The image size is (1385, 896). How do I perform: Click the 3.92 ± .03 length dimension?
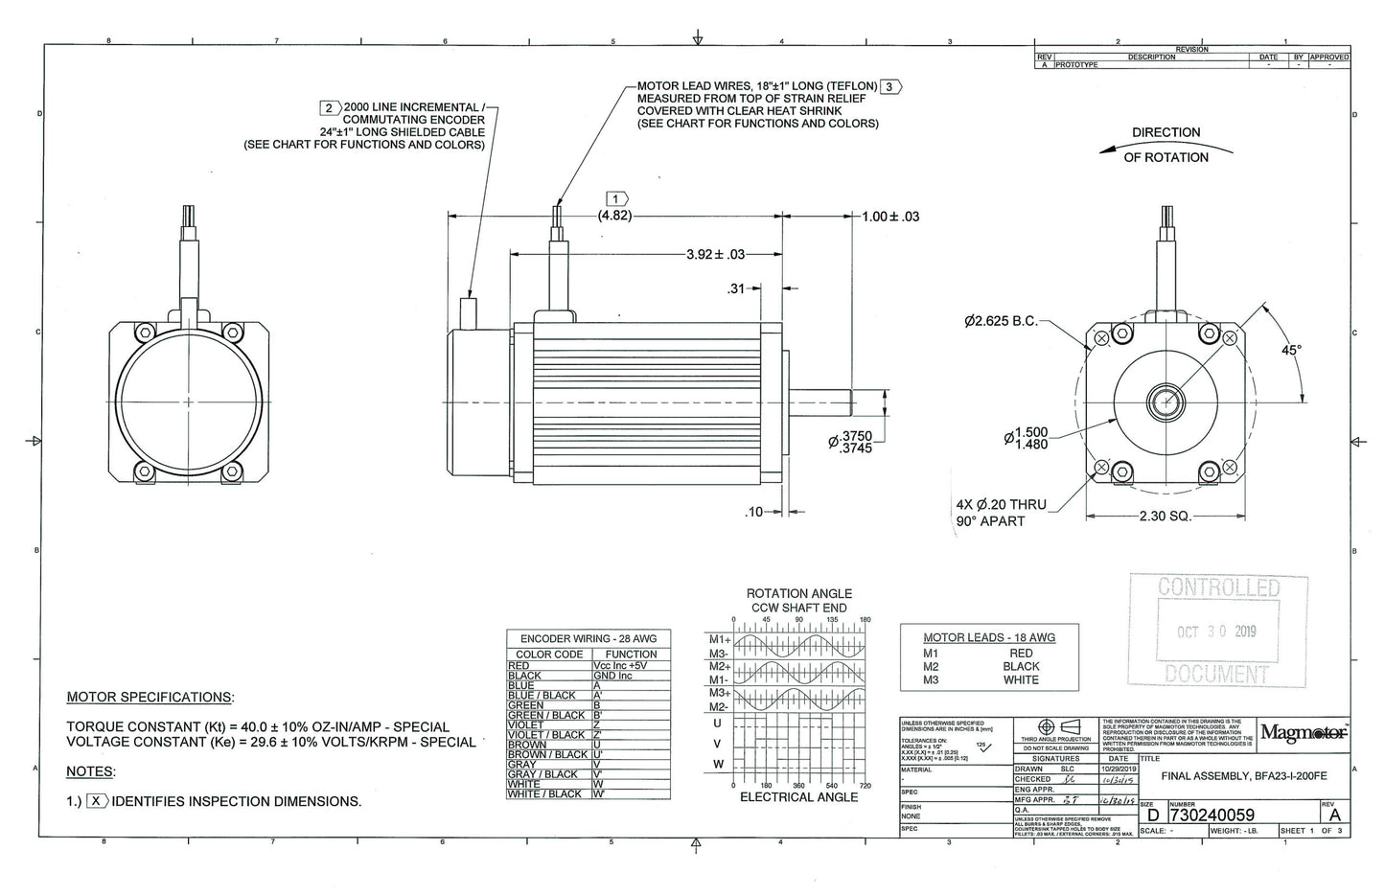tap(715, 254)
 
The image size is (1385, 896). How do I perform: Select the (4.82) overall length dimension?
tap(614, 216)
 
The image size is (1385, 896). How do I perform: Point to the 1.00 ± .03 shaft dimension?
tap(889, 217)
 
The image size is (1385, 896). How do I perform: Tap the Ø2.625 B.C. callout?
tap(1001, 321)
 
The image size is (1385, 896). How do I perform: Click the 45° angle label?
tap(1291, 351)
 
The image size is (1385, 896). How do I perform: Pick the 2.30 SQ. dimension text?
tap(1165, 516)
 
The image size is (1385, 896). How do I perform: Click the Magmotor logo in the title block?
tap(1304, 734)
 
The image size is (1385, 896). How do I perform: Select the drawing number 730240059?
tap(1212, 815)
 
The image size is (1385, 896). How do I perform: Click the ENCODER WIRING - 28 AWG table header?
tap(588, 638)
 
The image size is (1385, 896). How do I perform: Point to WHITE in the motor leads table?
tap(1021, 679)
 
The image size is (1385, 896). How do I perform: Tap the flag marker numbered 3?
tap(890, 86)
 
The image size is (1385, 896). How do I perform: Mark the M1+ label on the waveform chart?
tap(719, 639)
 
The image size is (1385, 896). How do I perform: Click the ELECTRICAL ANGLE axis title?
tap(798, 796)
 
